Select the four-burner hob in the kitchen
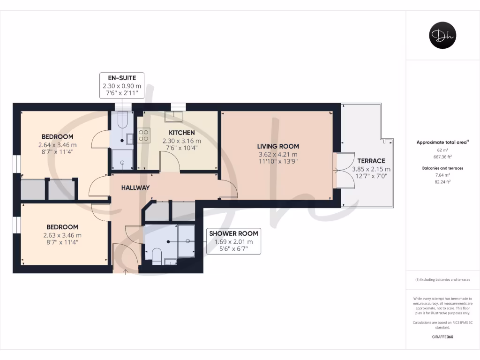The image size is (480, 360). coord(144,135)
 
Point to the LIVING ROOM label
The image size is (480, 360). coord(278,146)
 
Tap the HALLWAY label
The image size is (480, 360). coord(135,187)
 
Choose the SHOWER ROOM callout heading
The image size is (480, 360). coord(233,233)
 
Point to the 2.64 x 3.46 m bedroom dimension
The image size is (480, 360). coord(57,144)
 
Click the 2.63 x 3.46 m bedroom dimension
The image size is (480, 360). coord(62,235)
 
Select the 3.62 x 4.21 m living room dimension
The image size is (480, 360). coord(278,154)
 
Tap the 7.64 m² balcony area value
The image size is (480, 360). coord(442,174)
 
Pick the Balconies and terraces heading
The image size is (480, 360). coord(442,168)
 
